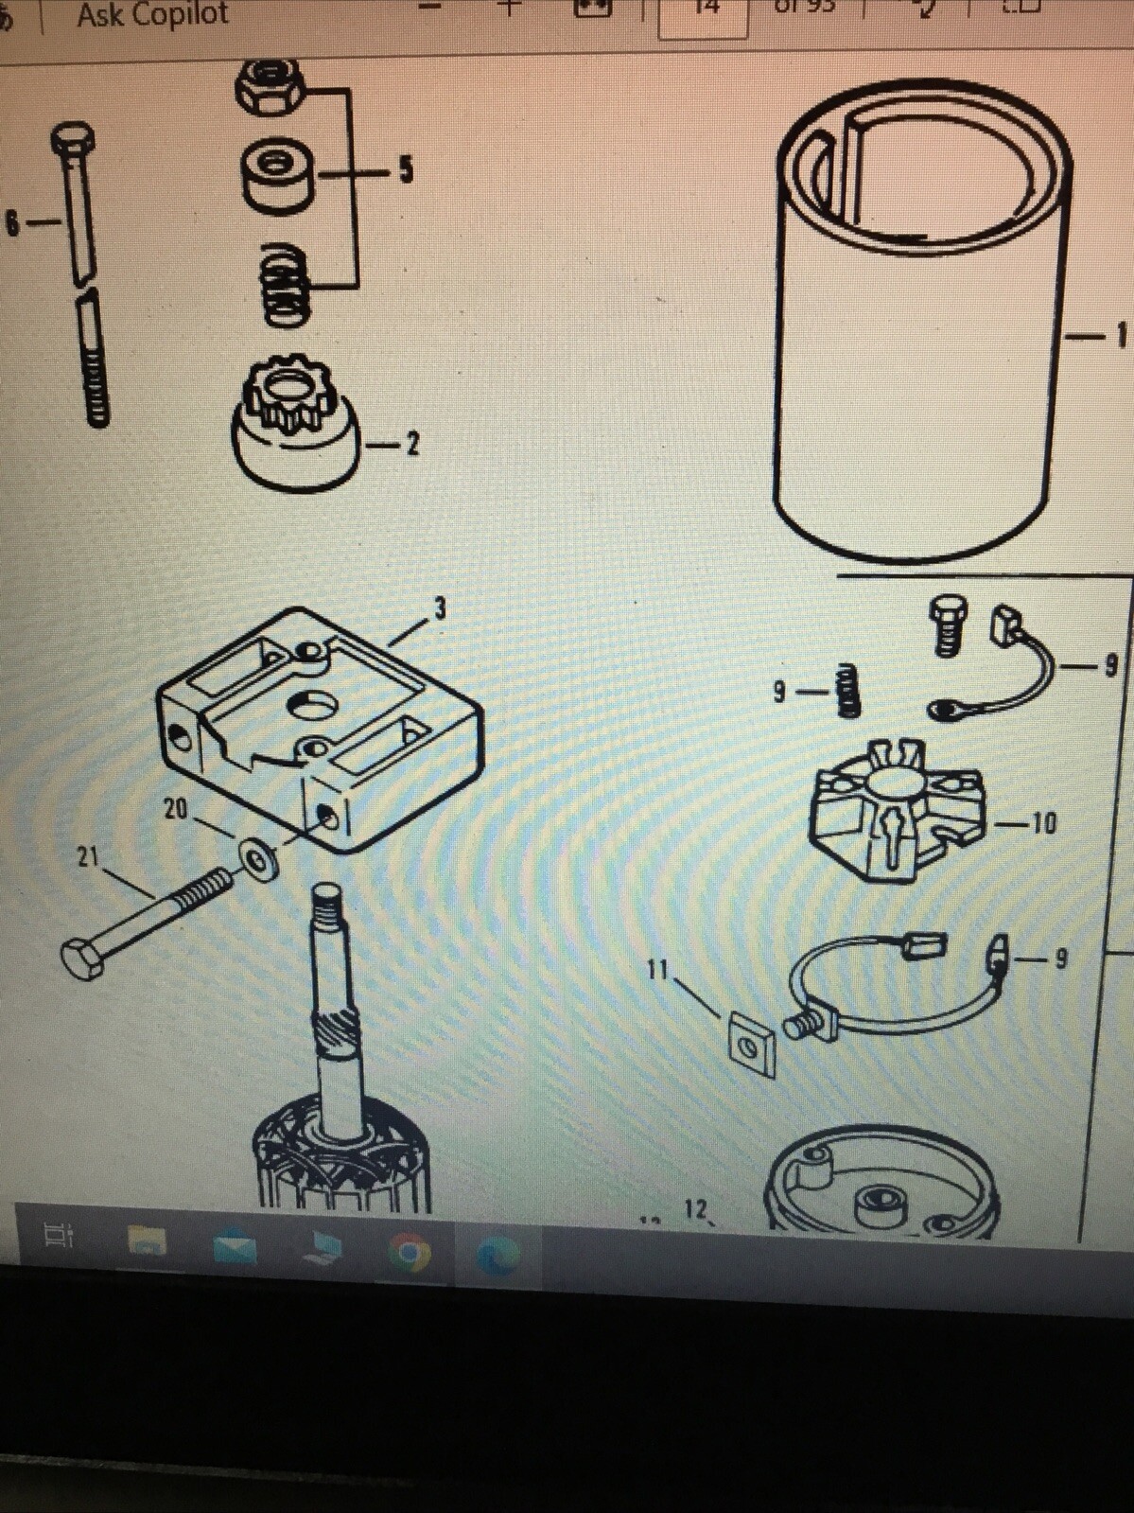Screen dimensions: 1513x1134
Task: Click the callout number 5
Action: (x=406, y=169)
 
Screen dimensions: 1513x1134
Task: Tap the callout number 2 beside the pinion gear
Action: (x=412, y=443)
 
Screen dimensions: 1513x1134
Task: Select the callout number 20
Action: (x=176, y=809)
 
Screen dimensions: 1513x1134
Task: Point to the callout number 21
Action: (x=87, y=857)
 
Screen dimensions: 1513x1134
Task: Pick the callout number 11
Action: (x=657, y=970)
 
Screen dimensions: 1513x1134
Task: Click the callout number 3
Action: (x=440, y=608)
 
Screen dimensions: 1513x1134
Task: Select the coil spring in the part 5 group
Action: (x=285, y=285)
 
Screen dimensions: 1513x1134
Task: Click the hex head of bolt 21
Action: (x=82, y=959)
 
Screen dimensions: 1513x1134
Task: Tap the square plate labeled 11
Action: (x=752, y=1047)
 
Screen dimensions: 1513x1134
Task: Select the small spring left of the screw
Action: (x=847, y=689)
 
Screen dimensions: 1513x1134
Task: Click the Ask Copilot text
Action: (x=152, y=14)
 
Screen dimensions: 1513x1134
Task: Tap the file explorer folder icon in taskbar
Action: (x=147, y=1240)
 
